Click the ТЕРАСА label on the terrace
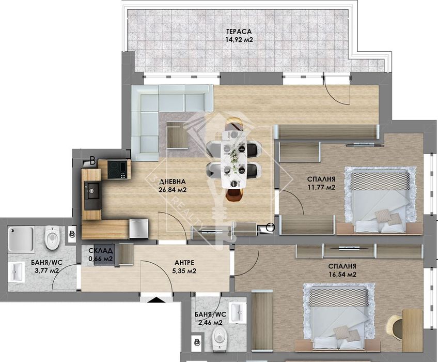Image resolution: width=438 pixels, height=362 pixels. tap(238, 31)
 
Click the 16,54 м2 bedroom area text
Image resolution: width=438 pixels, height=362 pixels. tap(342, 275)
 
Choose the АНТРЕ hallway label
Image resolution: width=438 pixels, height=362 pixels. tap(184, 262)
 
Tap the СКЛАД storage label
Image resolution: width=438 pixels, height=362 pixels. tap(100, 250)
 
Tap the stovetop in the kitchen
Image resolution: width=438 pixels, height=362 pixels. tap(118, 169)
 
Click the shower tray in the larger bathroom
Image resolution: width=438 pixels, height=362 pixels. tap(21, 238)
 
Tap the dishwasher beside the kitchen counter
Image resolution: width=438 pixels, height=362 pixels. tap(138, 228)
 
